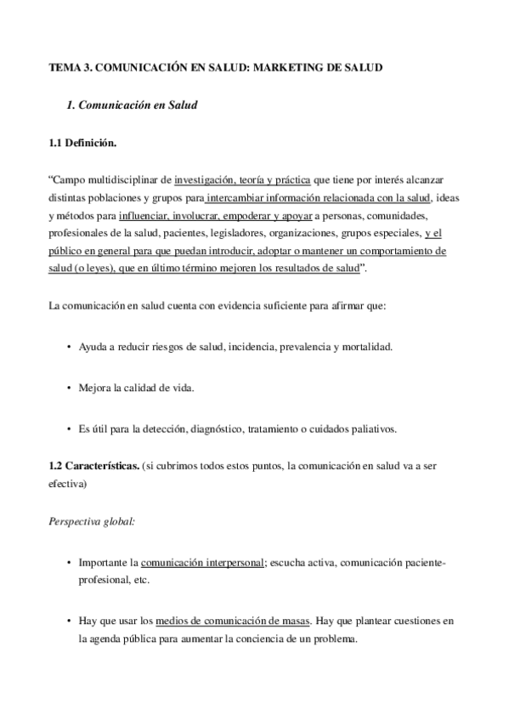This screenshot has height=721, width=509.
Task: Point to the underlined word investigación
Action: [x=203, y=180]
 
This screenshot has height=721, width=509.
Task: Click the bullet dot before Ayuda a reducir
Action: [x=68, y=348]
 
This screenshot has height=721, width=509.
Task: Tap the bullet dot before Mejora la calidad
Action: [x=68, y=389]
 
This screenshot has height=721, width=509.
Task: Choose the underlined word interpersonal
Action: [x=230, y=563]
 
